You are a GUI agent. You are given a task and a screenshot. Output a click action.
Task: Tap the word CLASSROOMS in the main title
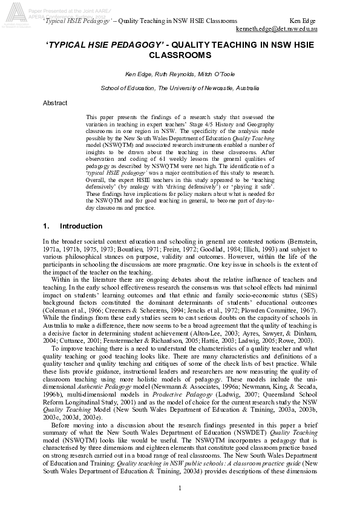pyautogui.click(x=180, y=55)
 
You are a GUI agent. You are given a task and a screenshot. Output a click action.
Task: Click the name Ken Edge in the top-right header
pyautogui.click(x=304, y=20)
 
